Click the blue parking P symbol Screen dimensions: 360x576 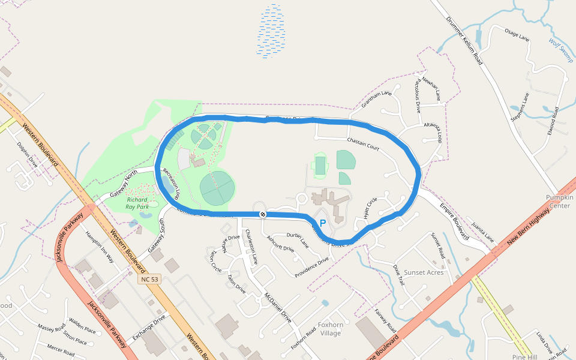coord(322,223)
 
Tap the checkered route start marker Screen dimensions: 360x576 coord(262,214)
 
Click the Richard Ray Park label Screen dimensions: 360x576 coord(137,203)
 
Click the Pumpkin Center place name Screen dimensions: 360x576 coord(559,202)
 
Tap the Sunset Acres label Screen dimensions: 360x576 coord(423,272)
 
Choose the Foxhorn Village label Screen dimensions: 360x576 coord(331,329)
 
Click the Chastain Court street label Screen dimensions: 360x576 coord(363,143)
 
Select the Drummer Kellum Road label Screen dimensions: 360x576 coord(464,38)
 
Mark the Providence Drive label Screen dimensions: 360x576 coord(311,268)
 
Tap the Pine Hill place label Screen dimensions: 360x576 coord(524,357)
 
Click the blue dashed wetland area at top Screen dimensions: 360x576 coord(272,31)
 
